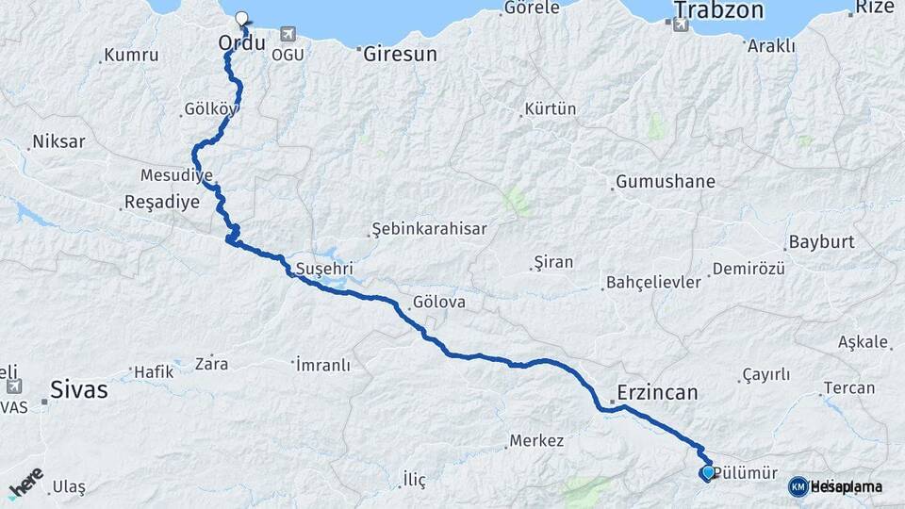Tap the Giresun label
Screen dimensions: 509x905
(402, 55)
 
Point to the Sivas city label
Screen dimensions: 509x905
(79, 388)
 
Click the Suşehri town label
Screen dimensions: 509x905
(323, 270)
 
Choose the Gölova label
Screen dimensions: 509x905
(438, 304)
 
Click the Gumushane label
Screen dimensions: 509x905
(666, 182)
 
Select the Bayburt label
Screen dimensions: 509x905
(822, 242)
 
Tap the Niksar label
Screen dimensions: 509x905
(58, 142)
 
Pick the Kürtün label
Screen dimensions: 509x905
(551, 109)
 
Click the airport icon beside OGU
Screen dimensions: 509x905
(288, 35)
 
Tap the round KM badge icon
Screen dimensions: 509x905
(798, 485)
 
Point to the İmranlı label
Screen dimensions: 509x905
(323, 364)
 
